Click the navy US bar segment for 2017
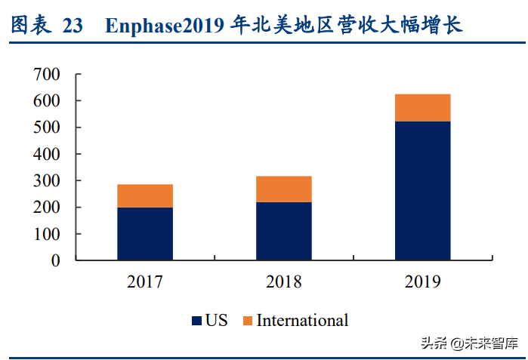pos(145,233)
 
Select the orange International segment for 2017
pos(145,195)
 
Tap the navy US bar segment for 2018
pos(283,231)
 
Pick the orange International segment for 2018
pos(283,189)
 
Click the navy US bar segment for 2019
pos(422,190)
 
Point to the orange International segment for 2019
pos(422,108)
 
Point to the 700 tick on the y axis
pos(46,74)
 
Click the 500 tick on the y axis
pos(46,128)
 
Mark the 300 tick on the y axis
pos(46,181)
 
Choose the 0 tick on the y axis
pos(54,261)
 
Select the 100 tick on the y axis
pos(46,235)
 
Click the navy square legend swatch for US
pos(196,321)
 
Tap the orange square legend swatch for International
pos(247,321)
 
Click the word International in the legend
pos(302,320)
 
